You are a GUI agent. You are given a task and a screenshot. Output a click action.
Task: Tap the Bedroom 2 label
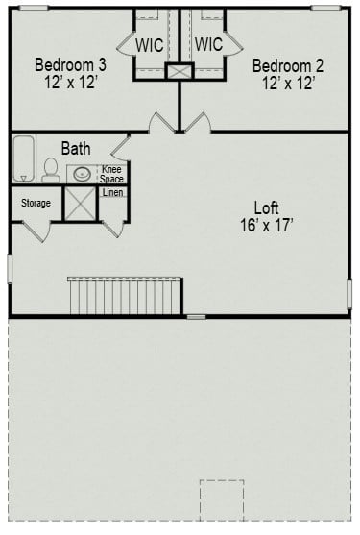(x=288, y=65)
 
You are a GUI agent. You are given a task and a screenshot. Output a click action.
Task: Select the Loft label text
(x=267, y=207)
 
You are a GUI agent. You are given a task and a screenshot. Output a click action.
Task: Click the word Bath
(x=77, y=148)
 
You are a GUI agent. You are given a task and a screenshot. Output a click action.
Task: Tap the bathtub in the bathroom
(x=23, y=158)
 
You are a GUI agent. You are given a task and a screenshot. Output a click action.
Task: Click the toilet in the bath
(x=50, y=171)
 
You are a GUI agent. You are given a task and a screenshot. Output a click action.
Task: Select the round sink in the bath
(x=83, y=175)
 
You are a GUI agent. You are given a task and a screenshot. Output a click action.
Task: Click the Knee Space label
(x=112, y=174)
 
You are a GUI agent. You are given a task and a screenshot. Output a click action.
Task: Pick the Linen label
(x=112, y=193)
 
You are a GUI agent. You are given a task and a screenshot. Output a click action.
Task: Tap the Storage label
(x=36, y=203)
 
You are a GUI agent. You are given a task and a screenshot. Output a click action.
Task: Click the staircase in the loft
(x=124, y=294)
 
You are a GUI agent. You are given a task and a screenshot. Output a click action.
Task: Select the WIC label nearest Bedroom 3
(x=150, y=44)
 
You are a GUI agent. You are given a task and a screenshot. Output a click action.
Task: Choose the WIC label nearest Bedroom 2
(x=208, y=44)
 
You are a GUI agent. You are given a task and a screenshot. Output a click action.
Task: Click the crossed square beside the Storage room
(x=79, y=204)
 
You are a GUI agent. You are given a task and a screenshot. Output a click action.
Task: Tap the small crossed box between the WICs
(x=180, y=71)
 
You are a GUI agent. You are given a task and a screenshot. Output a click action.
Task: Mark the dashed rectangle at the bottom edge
(x=222, y=499)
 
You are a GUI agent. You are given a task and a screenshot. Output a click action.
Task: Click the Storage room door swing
(x=36, y=231)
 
